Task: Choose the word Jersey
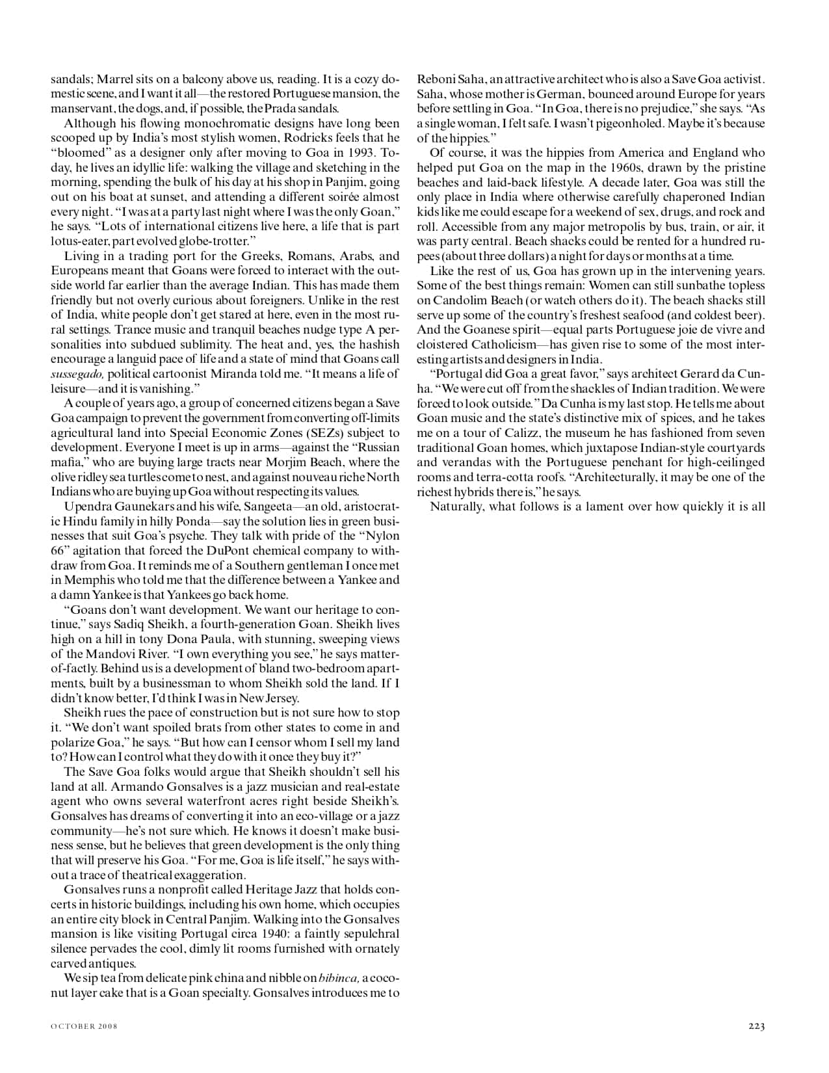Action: coord(280,698)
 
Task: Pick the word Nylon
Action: coord(382,536)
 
